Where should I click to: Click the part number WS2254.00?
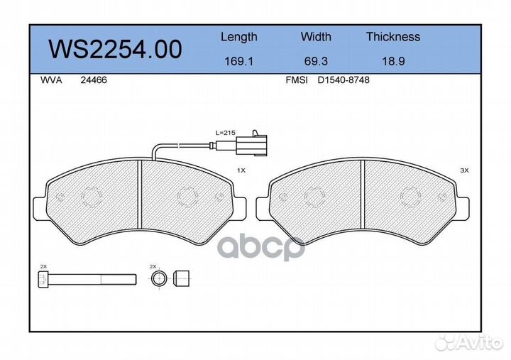pos(114,49)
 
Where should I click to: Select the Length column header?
pos(238,37)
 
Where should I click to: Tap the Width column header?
pos(315,37)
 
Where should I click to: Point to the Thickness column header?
pos(392,37)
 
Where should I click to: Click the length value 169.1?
pos(238,61)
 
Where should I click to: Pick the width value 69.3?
pos(315,61)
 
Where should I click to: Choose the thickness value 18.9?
pos(392,61)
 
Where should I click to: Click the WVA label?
pos(51,80)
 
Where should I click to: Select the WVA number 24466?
pos(93,80)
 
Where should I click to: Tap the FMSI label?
pos(295,80)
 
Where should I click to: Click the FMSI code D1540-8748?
pos(344,80)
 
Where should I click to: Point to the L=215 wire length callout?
pos(225,133)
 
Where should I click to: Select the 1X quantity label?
pos(241,170)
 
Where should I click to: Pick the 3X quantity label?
pos(465,170)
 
